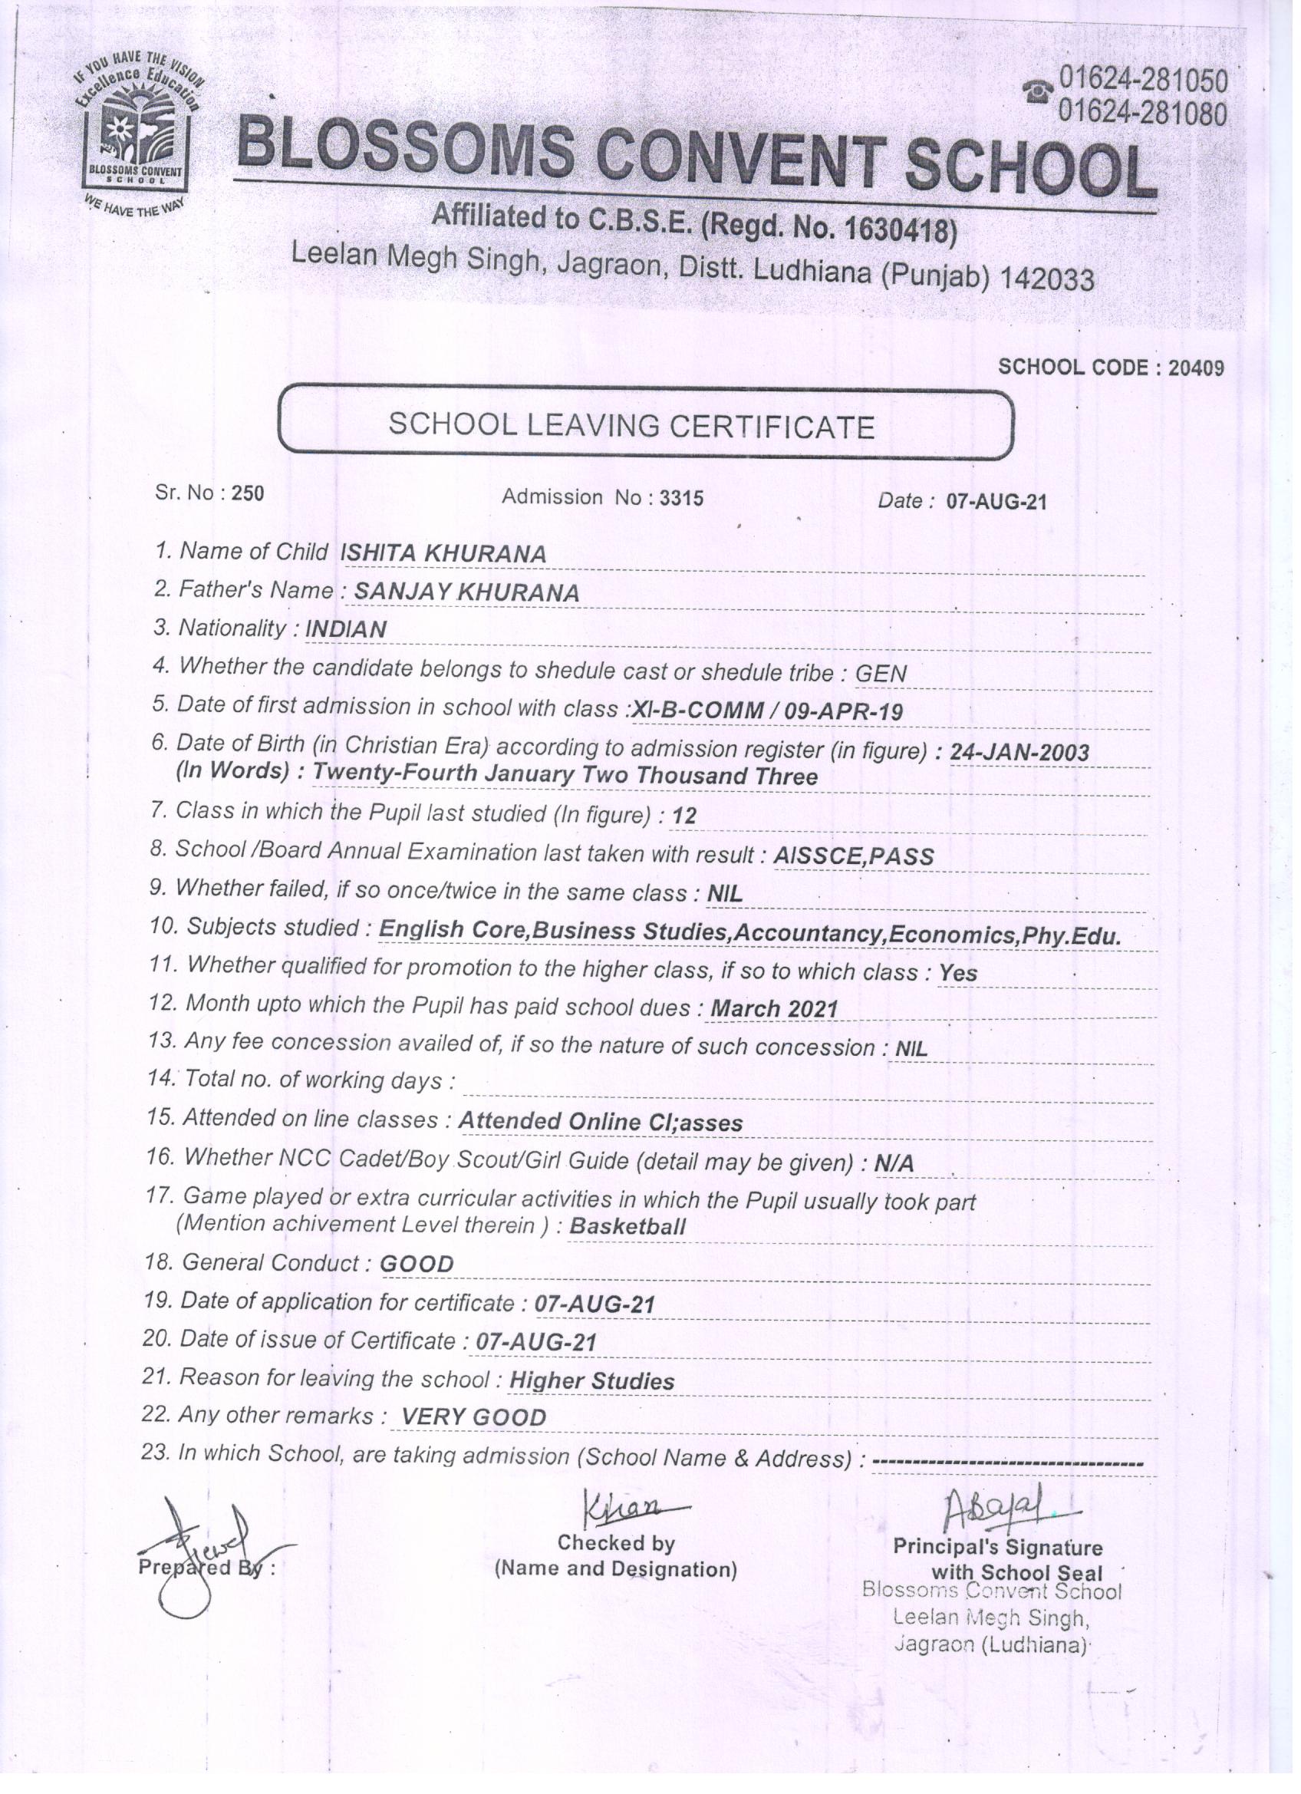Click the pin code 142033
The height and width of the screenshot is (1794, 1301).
[x=1047, y=279]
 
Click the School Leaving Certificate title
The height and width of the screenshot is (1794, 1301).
[x=631, y=427]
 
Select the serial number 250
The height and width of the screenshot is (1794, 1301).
[x=248, y=493]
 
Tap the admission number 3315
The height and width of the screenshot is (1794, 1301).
[x=681, y=497]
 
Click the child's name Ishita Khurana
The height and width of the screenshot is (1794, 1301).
[x=443, y=554]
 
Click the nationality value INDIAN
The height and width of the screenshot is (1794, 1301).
[x=346, y=630]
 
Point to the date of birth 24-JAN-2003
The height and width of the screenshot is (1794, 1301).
[x=1019, y=752]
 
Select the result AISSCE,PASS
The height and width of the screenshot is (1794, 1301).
[x=853, y=856]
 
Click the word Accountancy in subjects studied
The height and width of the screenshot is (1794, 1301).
[x=808, y=934]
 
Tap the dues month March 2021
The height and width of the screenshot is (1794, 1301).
[x=773, y=1009]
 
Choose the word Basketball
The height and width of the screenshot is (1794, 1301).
[x=627, y=1227]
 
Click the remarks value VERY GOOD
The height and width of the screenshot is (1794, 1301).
[x=474, y=1417]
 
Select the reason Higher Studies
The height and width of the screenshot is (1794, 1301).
[x=591, y=1381]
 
